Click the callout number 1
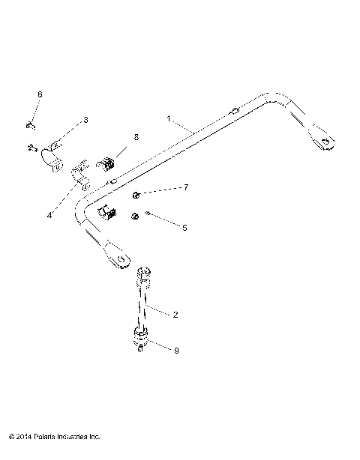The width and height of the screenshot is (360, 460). (x=169, y=118)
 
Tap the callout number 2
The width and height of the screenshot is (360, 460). (x=175, y=315)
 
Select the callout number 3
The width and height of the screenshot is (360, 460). (x=85, y=119)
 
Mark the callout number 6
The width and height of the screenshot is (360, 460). (x=40, y=94)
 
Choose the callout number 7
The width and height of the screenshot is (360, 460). (x=186, y=187)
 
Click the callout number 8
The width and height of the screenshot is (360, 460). (x=136, y=137)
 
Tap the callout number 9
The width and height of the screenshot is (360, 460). (x=175, y=351)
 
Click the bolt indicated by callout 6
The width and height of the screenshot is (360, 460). (x=28, y=124)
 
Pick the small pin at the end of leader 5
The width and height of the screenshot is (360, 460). (x=149, y=214)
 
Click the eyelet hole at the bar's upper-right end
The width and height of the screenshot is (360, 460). (x=327, y=139)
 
